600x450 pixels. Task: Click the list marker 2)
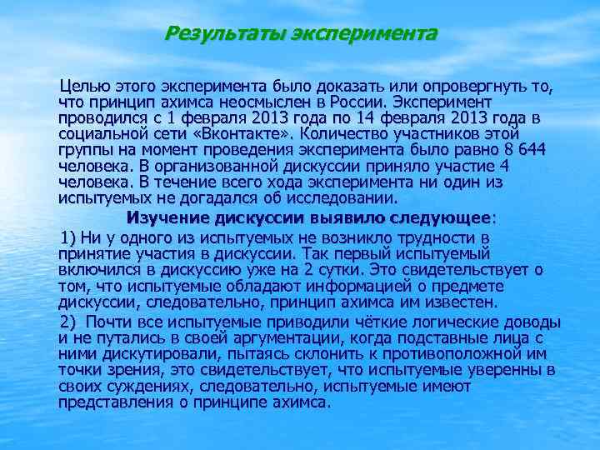click(x=70, y=322)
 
